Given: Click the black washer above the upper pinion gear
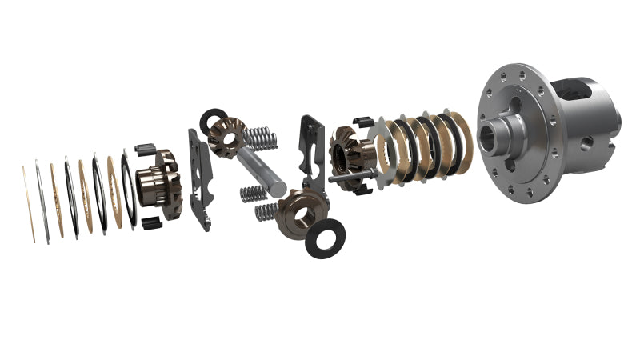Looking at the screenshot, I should pos(214,120).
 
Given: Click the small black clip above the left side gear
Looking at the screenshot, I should pos(145,150).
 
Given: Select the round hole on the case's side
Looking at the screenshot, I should pos(586,143).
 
